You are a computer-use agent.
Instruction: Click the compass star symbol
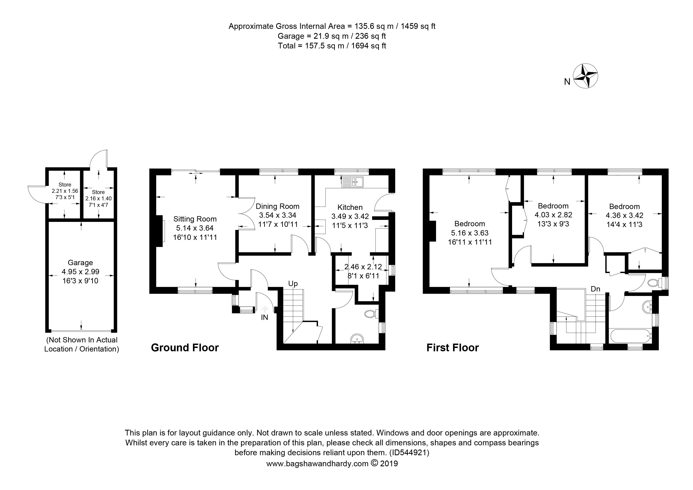585,76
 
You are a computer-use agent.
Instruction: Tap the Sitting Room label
195,219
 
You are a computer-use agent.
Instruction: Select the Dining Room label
277,206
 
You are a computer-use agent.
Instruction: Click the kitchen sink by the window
353,182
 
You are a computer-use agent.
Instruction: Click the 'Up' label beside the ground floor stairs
293,284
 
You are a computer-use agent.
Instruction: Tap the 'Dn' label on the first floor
595,289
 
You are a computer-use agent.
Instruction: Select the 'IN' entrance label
264,317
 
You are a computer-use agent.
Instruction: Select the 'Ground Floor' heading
185,348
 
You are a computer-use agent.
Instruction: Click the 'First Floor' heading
452,348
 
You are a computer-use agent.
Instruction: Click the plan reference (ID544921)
409,453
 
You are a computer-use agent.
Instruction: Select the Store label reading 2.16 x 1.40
98,198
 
